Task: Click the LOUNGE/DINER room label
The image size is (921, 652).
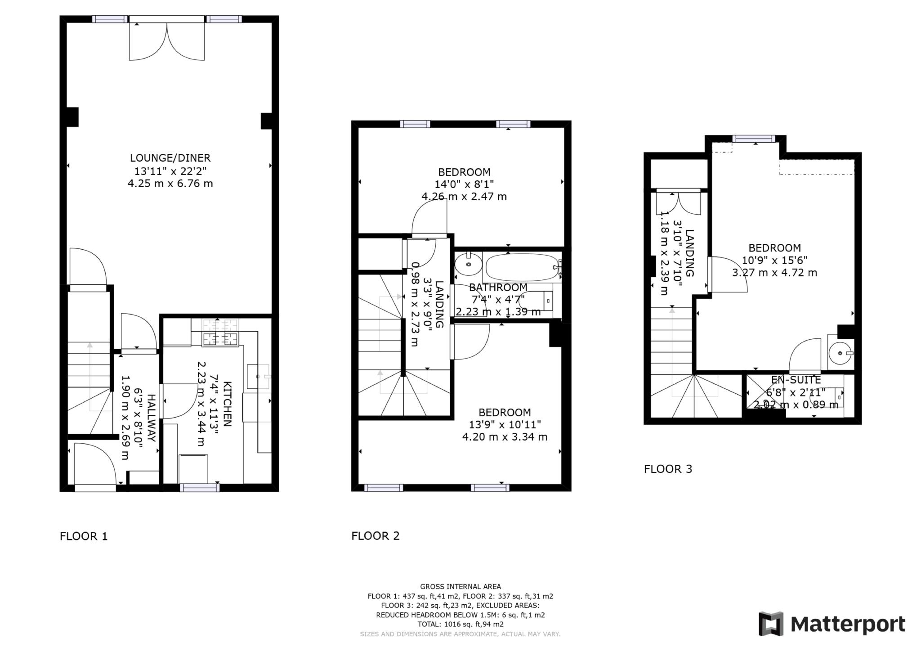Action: tap(170, 158)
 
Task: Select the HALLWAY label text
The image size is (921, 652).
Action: tap(152, 418)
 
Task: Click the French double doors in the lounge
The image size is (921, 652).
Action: tap(167, 40)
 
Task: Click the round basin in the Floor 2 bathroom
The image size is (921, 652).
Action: tap(468, 265)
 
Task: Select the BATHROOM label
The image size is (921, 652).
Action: tap(498, 288)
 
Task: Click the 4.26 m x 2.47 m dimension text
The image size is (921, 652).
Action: tap(464, 197)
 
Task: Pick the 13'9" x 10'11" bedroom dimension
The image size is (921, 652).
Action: tap(505, 425)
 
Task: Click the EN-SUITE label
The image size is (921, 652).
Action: tap(796, 380)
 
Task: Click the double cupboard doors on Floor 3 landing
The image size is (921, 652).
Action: tap(678, 203)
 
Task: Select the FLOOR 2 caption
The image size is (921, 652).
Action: tap(375, 536)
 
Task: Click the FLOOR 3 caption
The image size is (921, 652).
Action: tap(668, 469)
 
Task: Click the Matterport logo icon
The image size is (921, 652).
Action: tap(771, 624)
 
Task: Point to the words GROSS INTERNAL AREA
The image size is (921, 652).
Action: tap(460, 587)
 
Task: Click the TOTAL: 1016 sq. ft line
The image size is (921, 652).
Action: tap(460, 625)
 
